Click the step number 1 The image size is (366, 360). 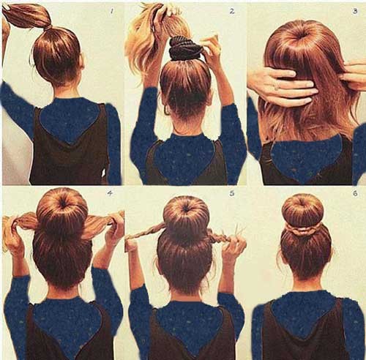point(112,11)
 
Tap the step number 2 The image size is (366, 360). point(232,11)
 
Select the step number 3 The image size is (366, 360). point(355,11)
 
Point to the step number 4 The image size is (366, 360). point(110,193)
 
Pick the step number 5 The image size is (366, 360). point(232,193)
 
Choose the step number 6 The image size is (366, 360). point(355,193)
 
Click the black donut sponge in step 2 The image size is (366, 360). point(185,49)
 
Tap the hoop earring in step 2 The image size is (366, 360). point(167,110)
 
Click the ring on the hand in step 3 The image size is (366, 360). point(276,87)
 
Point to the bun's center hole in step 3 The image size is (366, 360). point(304,34)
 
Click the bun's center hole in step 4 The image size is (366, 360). point(64,204)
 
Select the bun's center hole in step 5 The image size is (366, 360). point(186,209)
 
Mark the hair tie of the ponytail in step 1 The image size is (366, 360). point(48,27)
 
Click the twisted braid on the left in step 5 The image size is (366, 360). point(146,232)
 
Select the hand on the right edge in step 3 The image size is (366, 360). point(353,75)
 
